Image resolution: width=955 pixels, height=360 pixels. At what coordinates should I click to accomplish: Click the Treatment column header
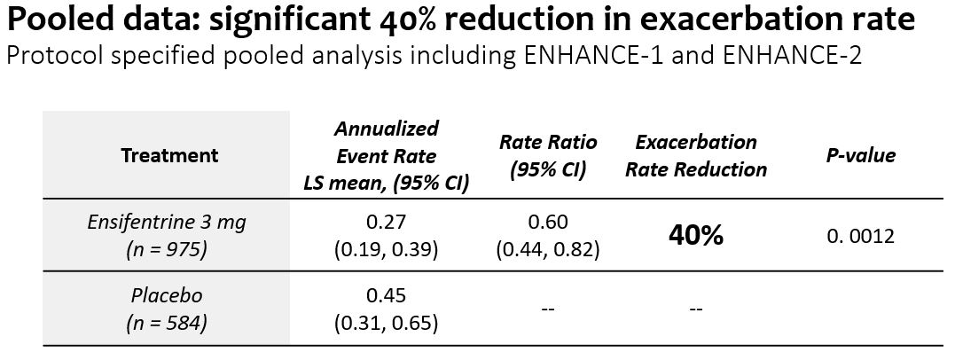169,155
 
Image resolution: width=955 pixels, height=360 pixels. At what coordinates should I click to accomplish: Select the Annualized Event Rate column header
386,155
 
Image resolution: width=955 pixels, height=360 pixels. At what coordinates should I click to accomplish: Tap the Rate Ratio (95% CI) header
548,155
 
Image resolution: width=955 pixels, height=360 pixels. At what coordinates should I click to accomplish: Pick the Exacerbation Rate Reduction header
696,155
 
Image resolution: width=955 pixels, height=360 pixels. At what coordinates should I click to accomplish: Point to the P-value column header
859,155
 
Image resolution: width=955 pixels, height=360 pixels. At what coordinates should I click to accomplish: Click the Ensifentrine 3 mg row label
167,223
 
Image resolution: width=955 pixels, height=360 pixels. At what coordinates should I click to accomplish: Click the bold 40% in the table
696,236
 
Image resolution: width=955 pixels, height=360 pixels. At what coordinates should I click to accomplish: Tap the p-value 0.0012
859,236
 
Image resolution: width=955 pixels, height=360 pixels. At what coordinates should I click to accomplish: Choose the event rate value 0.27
386,223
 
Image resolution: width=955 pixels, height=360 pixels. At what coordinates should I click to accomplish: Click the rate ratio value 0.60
548,223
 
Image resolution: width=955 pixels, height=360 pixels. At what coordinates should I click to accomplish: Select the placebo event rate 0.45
386,295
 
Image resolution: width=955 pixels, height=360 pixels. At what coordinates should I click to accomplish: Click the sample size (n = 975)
167,250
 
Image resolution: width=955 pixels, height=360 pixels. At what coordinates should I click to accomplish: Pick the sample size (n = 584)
167,323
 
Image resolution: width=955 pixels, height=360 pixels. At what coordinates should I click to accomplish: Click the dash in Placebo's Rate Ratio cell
548,309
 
